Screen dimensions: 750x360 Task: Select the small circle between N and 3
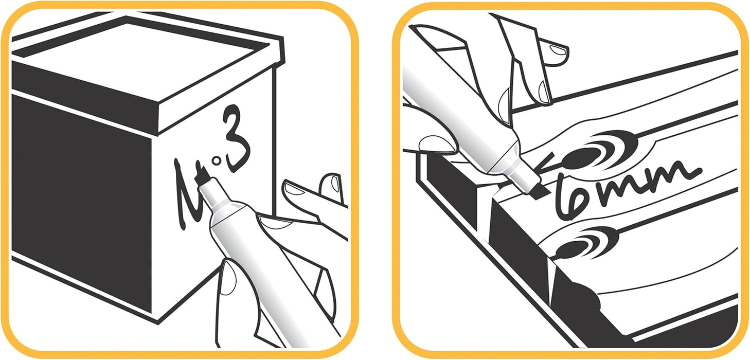point(217,161)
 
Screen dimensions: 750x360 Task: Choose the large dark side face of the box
point(80,201)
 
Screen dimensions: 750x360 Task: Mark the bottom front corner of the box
point(158,323)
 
